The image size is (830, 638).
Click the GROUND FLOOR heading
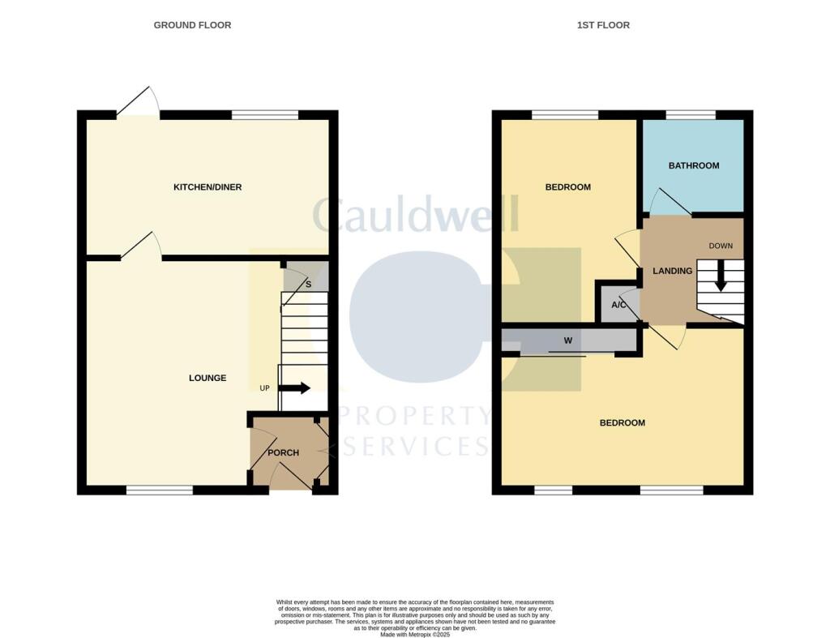click(192, 25)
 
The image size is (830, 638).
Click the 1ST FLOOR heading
click(603, 25)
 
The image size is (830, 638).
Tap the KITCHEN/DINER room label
click(207, 187)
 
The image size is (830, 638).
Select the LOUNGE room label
click(207, 378)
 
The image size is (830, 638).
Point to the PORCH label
click(284, 452)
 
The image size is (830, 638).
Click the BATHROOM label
click(693, 165)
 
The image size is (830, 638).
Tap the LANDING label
click(673, 271)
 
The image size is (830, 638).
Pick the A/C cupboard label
click(618, 305)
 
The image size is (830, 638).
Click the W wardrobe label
click(568, 340)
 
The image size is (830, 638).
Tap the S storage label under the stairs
click(308, 285)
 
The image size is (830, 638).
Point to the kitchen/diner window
click(264, 115)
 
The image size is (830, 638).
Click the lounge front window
click(159, 490)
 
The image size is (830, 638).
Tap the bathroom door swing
click(669, 203)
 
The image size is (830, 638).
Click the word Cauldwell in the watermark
click(415, 216)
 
